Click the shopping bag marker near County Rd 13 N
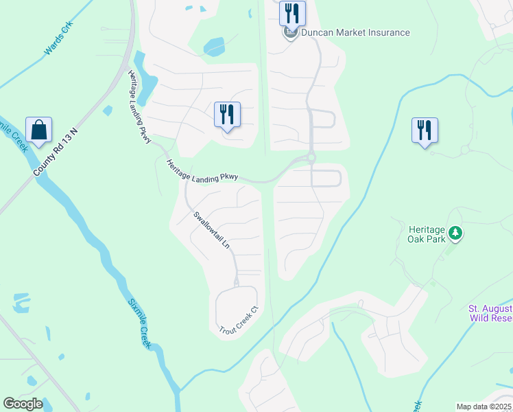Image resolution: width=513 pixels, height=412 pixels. click(39, 130)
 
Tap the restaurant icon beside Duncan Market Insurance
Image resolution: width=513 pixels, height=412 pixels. click(292, 12)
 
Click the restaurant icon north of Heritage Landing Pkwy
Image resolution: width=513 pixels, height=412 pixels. click(228, 114)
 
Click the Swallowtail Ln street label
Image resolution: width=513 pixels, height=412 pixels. click(211, 230)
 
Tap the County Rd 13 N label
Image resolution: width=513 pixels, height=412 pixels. click(58, 152)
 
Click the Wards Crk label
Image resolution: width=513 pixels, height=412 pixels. click(59, 39)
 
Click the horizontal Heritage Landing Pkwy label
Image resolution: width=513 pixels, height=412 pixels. click(202, 171)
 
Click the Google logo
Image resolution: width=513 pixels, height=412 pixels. click(23, 404)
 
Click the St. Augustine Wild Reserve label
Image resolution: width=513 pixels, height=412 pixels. click(490, 313)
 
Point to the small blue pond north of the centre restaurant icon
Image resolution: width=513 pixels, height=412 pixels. click(215, 47)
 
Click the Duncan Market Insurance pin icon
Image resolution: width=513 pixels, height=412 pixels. click(291, 32)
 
